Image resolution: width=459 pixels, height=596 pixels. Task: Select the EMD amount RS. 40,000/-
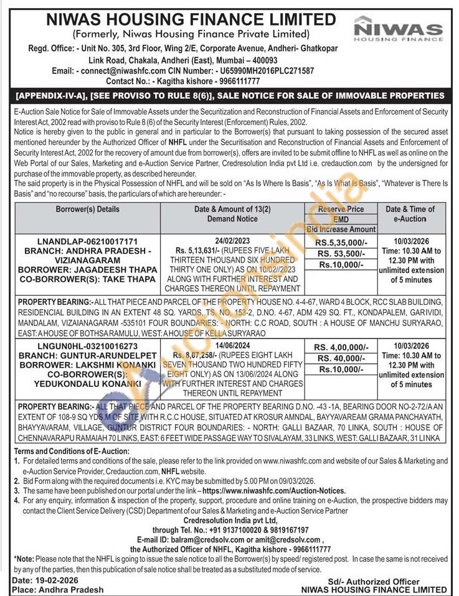pos(341,358)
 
